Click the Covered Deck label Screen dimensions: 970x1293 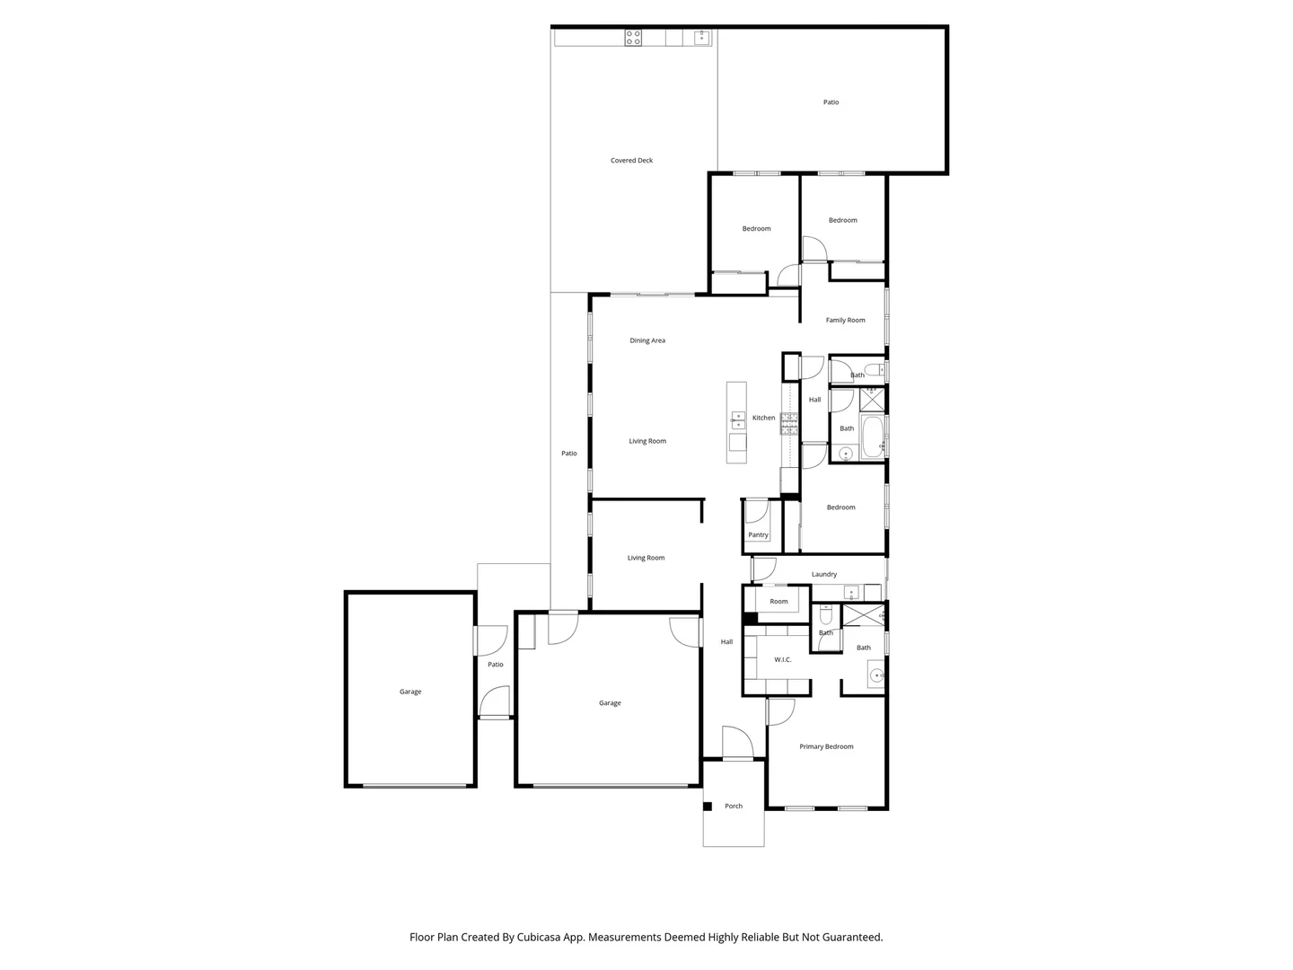pos(631,161)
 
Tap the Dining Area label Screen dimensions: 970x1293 pos(647,340)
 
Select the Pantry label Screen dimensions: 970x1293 pos(758,535)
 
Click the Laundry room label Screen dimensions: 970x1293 pos(824,575)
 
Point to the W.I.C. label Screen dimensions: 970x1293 pos(783,660)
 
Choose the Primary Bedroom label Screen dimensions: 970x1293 pos(826,746)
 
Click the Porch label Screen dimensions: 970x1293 pos(734,807)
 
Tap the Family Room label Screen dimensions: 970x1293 pos(845,320)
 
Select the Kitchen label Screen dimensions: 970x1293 pos(763,418)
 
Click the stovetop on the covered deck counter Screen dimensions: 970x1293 pos(633,38)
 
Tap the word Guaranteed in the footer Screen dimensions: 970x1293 pos(851,937)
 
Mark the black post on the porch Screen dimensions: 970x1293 pos(708,807)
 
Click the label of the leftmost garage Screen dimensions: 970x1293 pos(410,692)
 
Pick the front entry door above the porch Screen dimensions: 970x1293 pos(737,744)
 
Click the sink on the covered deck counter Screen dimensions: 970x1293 pos(701,38)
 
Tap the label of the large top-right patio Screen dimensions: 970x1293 pos(831,102)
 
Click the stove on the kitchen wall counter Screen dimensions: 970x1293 pos(789,423)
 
